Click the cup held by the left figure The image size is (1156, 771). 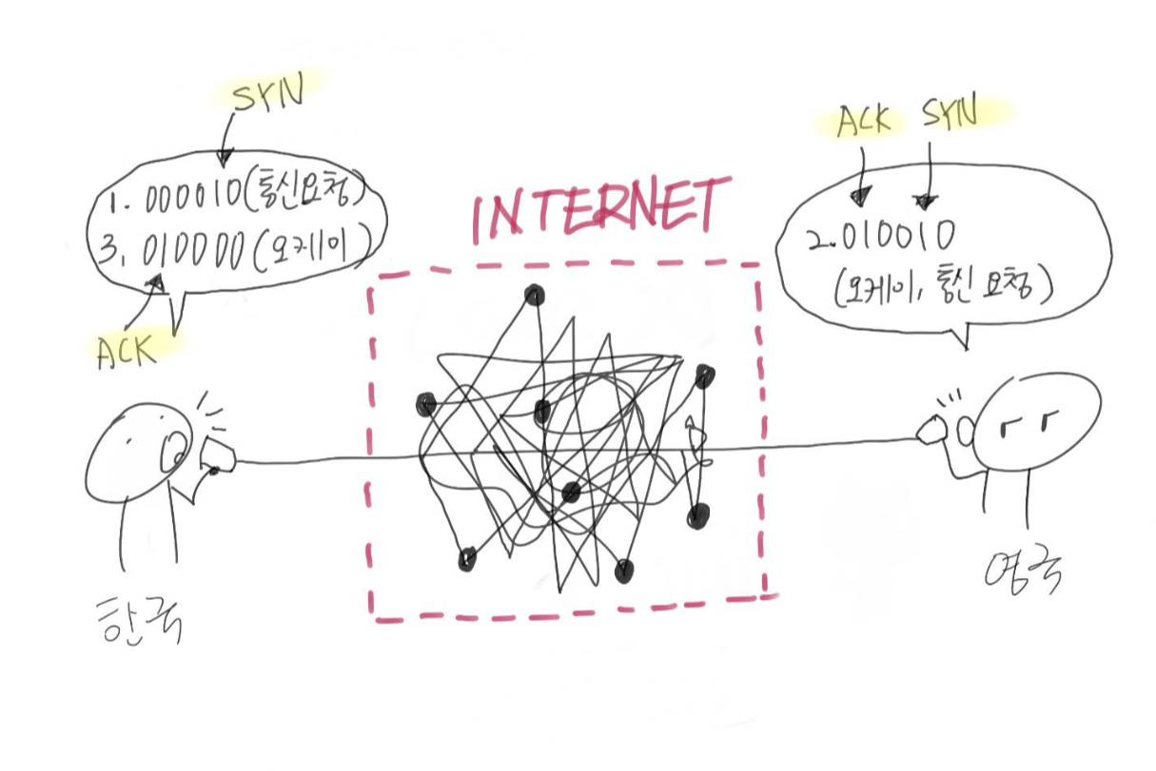(x=219, y=456)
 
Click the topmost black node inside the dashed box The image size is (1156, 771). (x=535, y=296)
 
